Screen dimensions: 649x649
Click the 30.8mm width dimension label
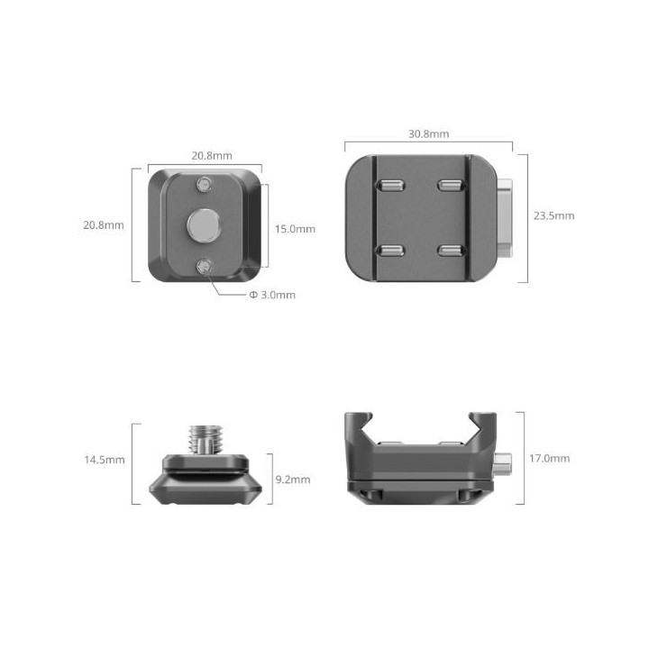(x=428, y=133)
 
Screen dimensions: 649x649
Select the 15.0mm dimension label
(x=295, y=229)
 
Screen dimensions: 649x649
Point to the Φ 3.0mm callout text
(x=272, y=295)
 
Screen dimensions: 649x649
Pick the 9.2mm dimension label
(x=292, y=480)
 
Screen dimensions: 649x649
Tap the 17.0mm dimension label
(x=549, y=458)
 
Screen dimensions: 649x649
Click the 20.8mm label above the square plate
(x=210, y=155)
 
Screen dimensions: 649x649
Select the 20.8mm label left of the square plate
(x=103, y=224)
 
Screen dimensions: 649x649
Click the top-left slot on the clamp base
(x=390, y=187)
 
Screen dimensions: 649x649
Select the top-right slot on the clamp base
(x=448, y=187)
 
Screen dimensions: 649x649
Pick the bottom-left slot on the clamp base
(x=390, y=250)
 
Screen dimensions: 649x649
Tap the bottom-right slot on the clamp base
(x=448, y=250)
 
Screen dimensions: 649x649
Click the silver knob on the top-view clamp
(x=505, y=216)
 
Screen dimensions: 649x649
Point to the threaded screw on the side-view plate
(x=204, y=440)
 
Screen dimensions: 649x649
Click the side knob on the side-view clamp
(x=507, y=462)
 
